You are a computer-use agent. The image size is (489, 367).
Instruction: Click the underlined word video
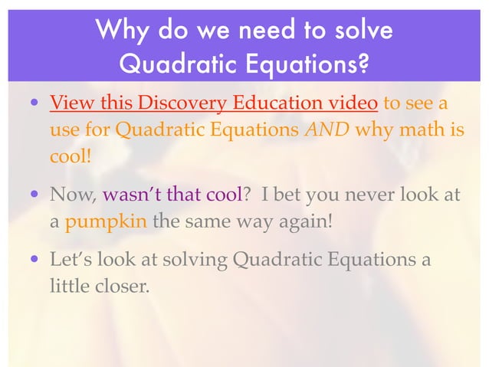point(353,103)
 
